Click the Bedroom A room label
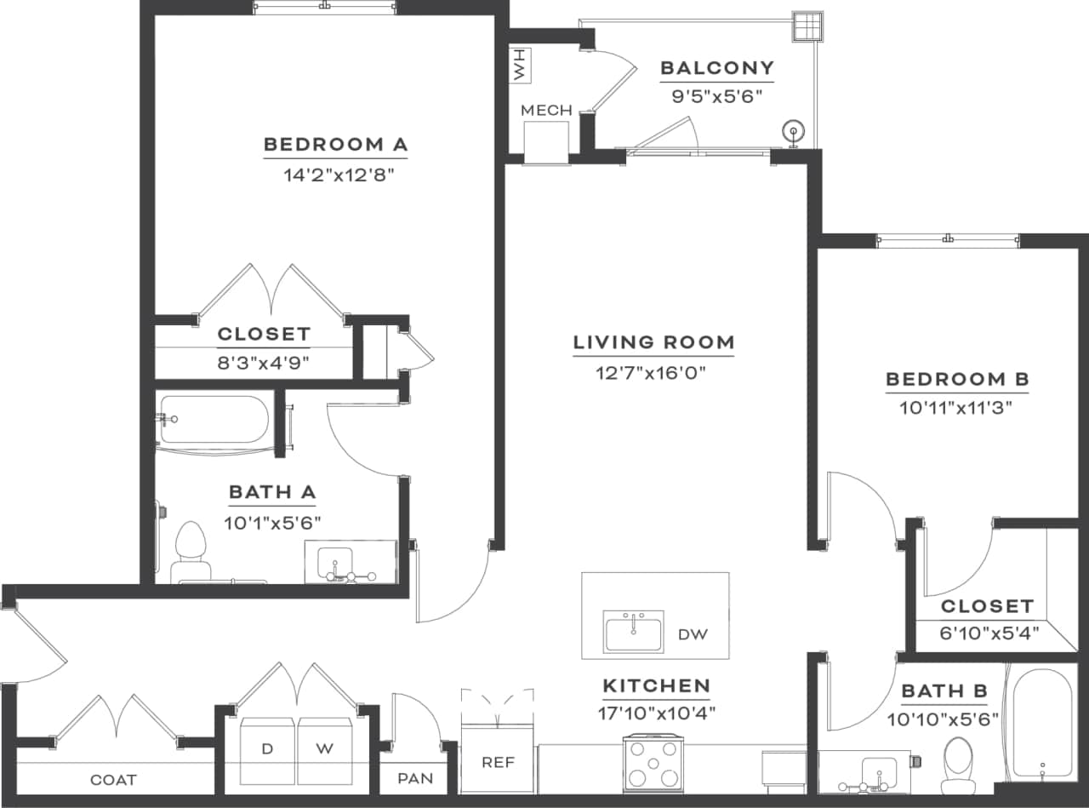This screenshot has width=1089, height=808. point(335,144)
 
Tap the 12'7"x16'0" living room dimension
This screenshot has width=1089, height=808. point(653,372)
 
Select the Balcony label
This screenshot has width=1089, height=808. point(717,68)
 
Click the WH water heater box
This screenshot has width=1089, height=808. point(520,65)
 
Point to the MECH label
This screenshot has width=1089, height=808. point(546,111)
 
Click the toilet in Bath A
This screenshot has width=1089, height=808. point(191,551)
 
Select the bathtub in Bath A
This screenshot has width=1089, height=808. point(214,419)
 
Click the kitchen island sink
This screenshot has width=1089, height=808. point(633,631)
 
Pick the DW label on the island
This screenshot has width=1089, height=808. point(693,634)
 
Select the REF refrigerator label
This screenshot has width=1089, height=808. point(498,762)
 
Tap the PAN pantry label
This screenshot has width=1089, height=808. point(415,778)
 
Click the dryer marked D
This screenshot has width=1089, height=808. point(267,749)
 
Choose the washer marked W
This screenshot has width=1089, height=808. point(324,749)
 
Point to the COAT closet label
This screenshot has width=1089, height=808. point(113,780)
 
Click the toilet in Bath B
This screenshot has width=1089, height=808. point(958,762)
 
